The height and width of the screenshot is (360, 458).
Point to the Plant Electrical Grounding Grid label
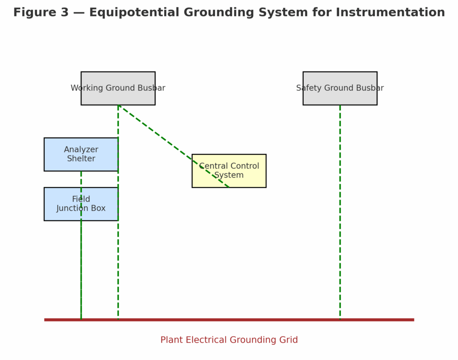(x=229, y=340)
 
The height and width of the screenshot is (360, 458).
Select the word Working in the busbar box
(x=88, y=88)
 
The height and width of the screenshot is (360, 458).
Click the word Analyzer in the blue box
(x=81, y=150)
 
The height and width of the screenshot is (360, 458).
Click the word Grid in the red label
(x=288, y=340)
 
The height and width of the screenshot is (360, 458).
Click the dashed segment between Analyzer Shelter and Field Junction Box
(x=81, y=179)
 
